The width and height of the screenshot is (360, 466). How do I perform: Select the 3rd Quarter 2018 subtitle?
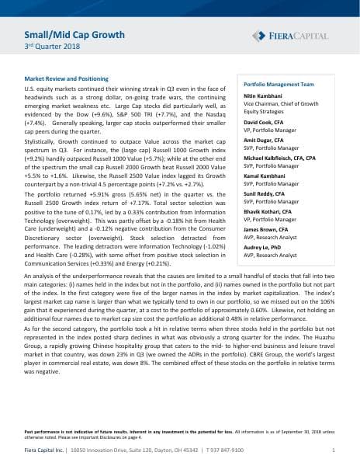click(47, 49)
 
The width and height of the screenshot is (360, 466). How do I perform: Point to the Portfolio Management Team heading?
click(279, 84)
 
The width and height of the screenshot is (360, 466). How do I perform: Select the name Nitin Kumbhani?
click(265, 96)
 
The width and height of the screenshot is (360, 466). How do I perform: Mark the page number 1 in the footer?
click(333, 450)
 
